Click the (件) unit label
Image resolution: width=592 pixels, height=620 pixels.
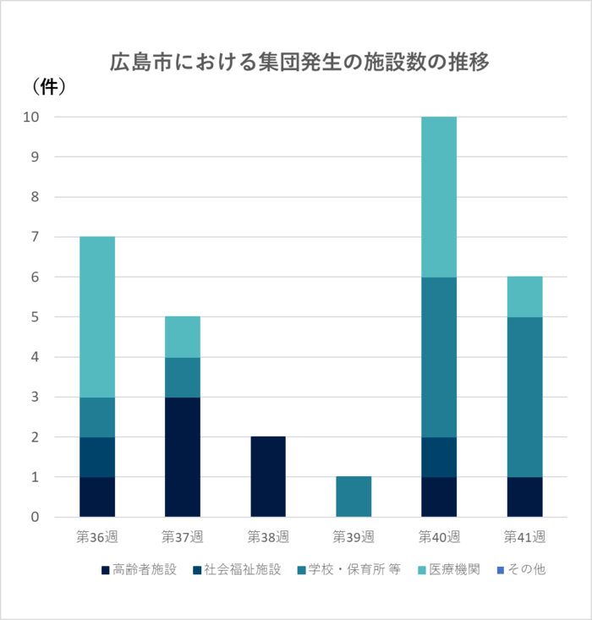click(48, 85)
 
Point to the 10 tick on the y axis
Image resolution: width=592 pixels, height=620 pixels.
click(32, 117)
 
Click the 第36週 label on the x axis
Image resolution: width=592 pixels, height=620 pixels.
click(97, 536)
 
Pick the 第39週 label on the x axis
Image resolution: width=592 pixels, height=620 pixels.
click(354, 536)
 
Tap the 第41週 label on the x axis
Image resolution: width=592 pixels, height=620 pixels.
click(524, 536)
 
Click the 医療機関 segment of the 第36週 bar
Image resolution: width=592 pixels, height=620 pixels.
click(97, 316)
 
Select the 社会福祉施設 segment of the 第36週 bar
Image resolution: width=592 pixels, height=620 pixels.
click(97, 457)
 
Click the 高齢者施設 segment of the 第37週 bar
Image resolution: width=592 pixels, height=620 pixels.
click(183, 457)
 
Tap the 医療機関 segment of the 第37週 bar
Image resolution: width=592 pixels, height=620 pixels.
click(183, 337)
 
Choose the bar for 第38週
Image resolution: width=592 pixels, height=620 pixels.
click(268, 476)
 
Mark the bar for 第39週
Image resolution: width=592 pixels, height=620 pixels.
click(354, 497)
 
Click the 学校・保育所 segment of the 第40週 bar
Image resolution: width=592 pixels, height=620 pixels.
click(439, 357)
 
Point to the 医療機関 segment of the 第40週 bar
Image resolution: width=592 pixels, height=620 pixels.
click(439, 196)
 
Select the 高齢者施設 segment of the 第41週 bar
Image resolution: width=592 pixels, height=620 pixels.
click(524, 497)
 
